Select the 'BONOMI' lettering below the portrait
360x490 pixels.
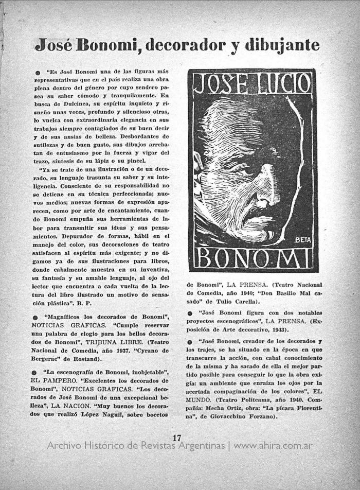tap(252, 258)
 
